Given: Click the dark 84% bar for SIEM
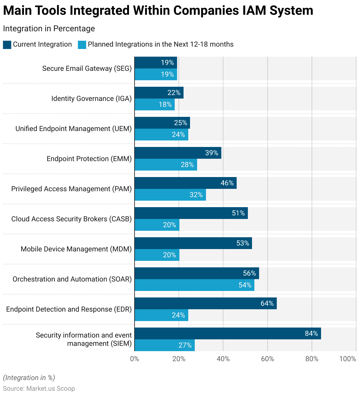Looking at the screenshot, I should (x=228, y=333).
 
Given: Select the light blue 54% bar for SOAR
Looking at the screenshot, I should (x=194, y=285).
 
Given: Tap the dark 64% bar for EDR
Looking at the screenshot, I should (x=206, y=303).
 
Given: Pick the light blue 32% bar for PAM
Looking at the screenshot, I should (x=170, y=195).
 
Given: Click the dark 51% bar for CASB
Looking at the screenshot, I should (x=191, y=213).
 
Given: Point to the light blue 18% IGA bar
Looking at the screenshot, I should (x=155, y=104).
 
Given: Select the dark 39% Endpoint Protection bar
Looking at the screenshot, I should (x=178, y=153).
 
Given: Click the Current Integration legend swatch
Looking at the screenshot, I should (x=7, y=45).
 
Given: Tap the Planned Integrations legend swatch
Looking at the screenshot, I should (x=82, y=45).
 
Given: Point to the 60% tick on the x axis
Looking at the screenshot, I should (x=268, y=359).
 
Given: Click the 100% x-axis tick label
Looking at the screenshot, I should (x=348, y=359).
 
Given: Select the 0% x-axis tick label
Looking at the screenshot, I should (x=135, y=359).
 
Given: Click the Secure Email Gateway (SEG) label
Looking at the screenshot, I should (x=87, y=68).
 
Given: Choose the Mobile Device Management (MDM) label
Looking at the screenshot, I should (x=76, y=249).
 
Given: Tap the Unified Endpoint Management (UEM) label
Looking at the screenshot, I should (x=73, y=129).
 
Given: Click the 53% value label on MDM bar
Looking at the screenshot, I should (x=243, y=243).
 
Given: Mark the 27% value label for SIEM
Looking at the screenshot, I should (x=185, y=345).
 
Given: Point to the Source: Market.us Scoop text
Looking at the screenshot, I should (x=39, y=388).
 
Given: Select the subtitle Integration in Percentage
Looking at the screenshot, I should (x=49, y=29).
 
